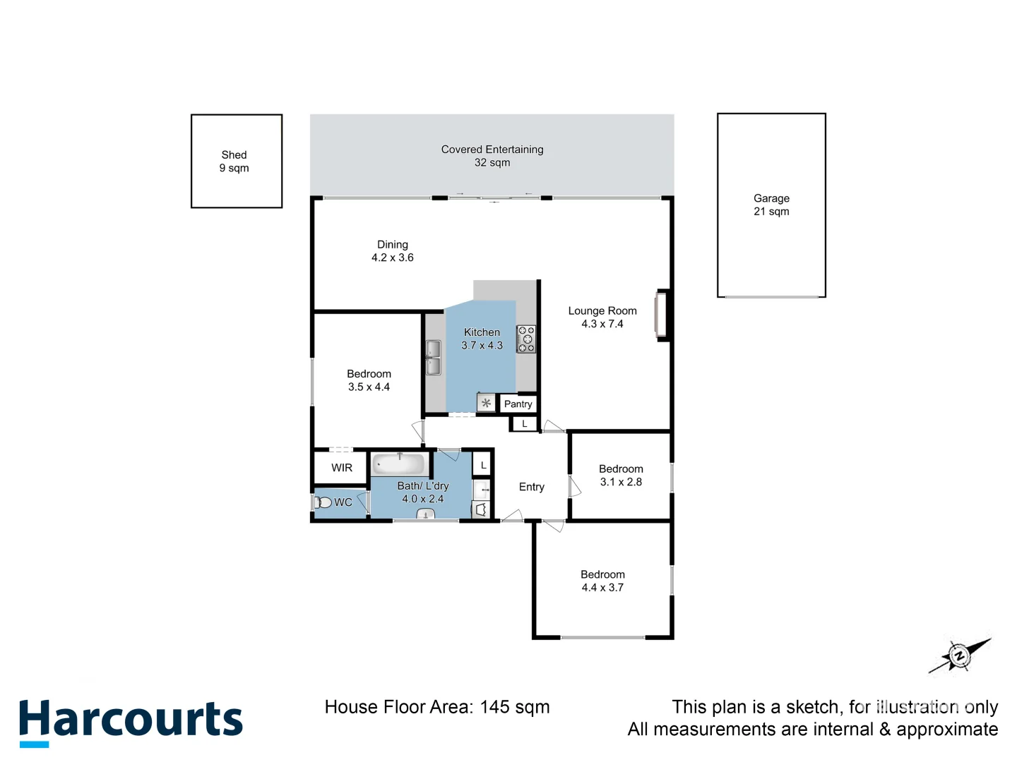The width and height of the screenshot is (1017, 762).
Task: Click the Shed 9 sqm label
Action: [x=234, y=162]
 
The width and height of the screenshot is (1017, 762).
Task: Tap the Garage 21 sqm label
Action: [x=771, y=205]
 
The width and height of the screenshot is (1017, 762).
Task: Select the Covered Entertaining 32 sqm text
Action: [x=492, y=156]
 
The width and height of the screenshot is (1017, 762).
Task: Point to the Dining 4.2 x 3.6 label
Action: [x=393, y=251]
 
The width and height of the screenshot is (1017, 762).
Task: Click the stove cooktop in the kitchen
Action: [x=526, y=339]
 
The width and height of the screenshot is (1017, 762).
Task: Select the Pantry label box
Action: [x=518, y=404]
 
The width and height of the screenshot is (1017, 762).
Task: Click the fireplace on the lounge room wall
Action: [x=661, y=315]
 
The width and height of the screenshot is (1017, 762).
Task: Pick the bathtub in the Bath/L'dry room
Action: [x=399, y=464]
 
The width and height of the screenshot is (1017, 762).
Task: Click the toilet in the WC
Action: [x=323, y=502]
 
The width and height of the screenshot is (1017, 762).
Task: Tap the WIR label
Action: [x=342, y=468]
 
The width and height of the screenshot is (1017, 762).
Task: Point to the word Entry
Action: [x=532, y=487]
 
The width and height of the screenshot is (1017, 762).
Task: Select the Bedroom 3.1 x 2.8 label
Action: [x=621, y=476]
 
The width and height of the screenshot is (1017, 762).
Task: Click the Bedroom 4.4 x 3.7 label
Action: [x=602, y=581]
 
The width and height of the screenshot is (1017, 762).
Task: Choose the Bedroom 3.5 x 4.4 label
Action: [x=369, y=380]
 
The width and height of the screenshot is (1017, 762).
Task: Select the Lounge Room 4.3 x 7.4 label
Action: [x=602, y=317]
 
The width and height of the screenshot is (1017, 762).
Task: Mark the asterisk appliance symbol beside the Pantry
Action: [x=486, y=404]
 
